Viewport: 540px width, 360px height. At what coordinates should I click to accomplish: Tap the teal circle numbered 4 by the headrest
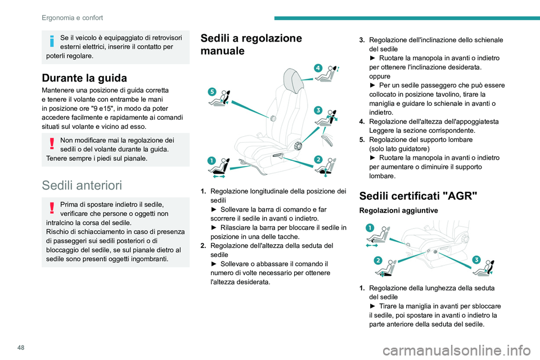318,67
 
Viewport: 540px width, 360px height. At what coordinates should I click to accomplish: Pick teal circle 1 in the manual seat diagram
211,161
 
